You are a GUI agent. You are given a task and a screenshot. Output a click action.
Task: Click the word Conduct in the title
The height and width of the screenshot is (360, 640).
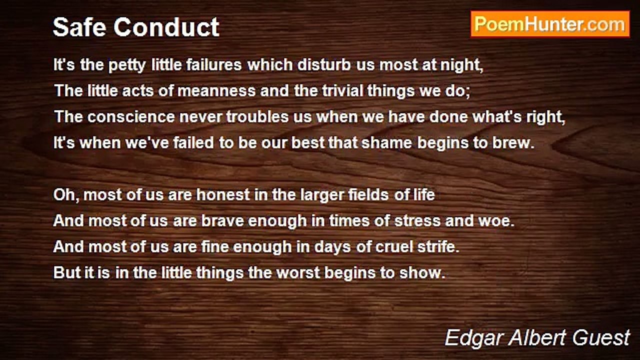point(166,27)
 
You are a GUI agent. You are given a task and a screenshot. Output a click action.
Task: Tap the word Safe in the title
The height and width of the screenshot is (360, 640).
point(79,27)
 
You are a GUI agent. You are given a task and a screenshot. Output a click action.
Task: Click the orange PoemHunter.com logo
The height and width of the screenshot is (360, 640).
point(550,24)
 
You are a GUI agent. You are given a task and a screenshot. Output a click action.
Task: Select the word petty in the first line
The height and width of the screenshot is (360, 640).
point(127,65)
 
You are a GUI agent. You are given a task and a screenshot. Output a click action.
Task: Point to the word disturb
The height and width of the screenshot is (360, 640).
point(324,64)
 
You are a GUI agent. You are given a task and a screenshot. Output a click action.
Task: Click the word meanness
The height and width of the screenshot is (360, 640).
point(216,91)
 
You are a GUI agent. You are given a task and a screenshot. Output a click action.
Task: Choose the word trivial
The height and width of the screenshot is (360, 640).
point(342,90)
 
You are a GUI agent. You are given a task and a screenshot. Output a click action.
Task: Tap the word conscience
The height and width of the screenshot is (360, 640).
point(131,117)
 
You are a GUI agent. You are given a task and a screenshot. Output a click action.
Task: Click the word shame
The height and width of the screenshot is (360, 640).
point(387,142)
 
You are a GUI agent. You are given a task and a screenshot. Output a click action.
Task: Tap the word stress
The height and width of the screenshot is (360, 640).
point(417,221)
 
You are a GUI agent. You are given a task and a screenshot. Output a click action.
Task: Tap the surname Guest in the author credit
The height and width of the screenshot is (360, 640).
point(601,337)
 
